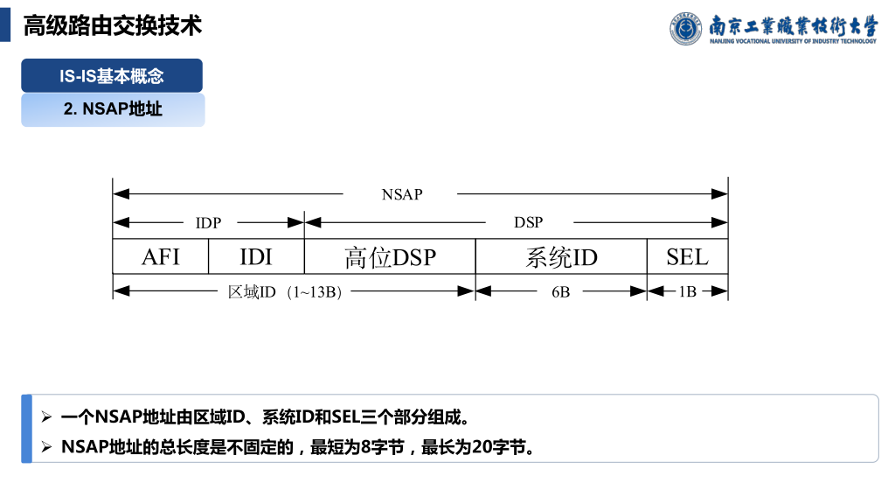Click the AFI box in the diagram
point(161,256)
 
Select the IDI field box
point(256,256)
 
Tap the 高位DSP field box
point(390,256)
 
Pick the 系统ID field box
point(561,256)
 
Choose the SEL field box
point(687,256)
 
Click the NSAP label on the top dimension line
point(402,194)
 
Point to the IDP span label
point(208,222)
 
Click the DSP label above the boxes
point(528,222)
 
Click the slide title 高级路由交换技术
point(113,25)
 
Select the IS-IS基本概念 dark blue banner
point(112,76)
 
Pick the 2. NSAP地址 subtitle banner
point(113,110)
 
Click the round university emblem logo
point(686,28)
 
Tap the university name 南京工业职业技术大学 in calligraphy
point(792,24)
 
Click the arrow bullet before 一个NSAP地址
point(47,416)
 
